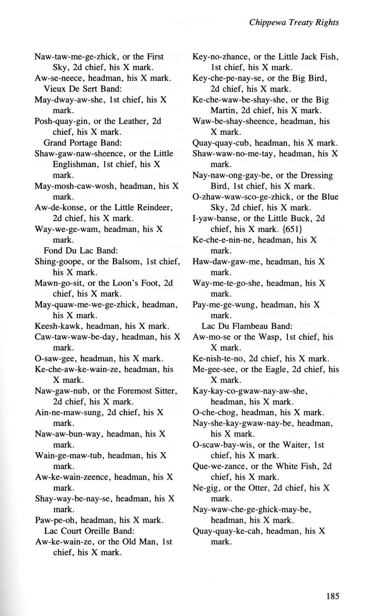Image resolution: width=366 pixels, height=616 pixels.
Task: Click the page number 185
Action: pos(332,596)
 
